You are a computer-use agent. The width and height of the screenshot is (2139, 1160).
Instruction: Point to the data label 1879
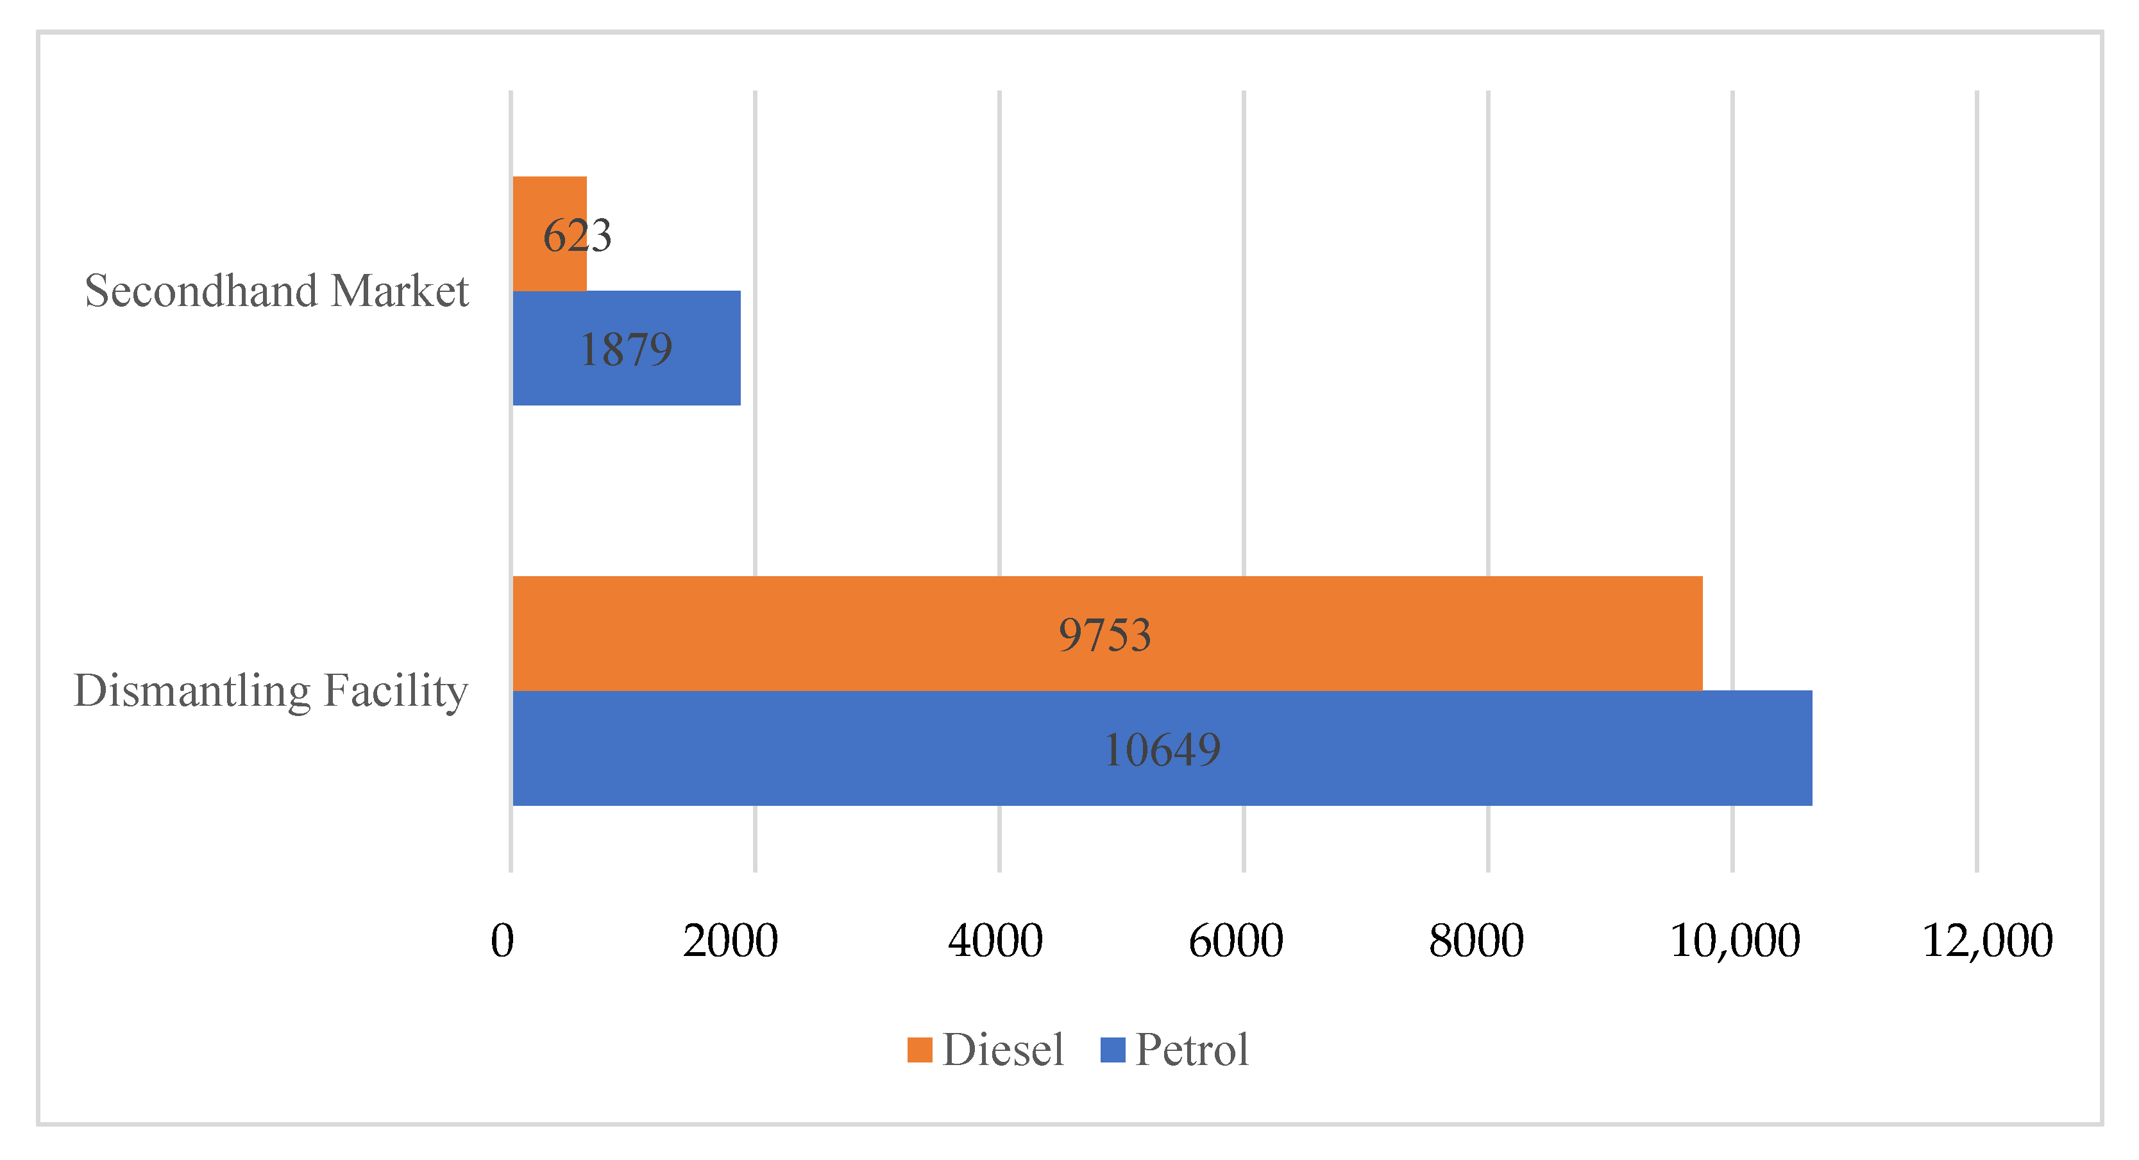click(x=626, y=349)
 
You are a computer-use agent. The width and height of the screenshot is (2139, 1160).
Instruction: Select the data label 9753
click(x=1104, y=635)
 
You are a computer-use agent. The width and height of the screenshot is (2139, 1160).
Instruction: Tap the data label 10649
click(x=1162, y=750)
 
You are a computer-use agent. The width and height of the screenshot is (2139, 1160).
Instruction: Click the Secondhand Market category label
click(x=276, y=291)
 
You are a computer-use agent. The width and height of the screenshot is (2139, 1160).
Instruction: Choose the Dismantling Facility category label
click(x=271, y=691)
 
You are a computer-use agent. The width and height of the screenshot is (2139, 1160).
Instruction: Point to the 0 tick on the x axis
click(x=502, y=941)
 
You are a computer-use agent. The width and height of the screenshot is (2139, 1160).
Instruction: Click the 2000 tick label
click(x=730, y=941)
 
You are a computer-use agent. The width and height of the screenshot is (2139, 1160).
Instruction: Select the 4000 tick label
click(x=995, y=941)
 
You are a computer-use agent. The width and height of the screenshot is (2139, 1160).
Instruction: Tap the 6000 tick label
click(x=1235, y=941)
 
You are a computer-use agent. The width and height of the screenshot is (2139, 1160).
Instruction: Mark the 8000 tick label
click(x=1476, y=941)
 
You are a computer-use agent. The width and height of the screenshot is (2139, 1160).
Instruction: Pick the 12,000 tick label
click(x=1987, y=941)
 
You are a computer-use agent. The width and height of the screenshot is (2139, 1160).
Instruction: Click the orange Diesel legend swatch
click(x=919, y=1050)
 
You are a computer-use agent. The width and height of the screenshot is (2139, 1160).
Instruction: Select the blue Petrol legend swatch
click(x=1112, y=1050)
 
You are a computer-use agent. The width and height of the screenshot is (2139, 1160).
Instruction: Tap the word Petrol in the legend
click(x=1192, y=1050)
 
